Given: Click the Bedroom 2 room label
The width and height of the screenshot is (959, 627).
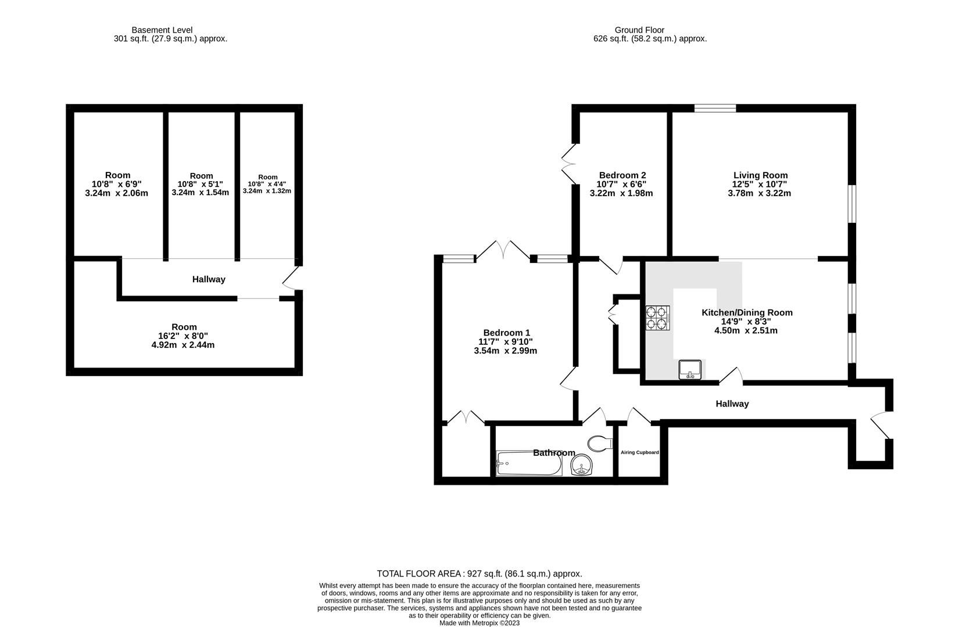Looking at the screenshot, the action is coord(622,175).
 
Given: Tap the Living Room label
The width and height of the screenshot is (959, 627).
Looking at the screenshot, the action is coord(760,175).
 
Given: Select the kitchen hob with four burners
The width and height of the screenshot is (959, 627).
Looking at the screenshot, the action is coord(658,318).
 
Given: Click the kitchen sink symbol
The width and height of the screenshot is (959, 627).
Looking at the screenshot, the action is coord(690,370).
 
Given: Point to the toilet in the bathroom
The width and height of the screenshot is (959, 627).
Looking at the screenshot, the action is coord(600,443).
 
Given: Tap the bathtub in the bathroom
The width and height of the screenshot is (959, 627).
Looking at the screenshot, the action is coord(529,463).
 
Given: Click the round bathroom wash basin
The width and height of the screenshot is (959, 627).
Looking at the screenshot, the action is coord(581,466).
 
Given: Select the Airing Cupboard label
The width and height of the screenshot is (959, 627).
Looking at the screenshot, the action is coord(639,452).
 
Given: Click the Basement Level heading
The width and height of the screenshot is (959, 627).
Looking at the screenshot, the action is coord(162,30).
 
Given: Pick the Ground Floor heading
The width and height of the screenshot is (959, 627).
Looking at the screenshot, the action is coord(639,30).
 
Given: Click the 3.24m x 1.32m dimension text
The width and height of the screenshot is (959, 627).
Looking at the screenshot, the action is coord(267,191).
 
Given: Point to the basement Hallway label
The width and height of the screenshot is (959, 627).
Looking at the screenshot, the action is coord(209,279).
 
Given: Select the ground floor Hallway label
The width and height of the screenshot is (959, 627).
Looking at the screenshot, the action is coord(732,403).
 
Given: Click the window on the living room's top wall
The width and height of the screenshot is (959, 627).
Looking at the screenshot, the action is coord(715,108).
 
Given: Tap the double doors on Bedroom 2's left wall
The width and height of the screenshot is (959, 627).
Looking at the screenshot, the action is coord(568,164).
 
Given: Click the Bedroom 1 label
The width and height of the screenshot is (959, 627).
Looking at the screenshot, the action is coord(506,333).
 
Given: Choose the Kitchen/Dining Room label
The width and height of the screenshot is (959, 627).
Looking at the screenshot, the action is coord(747,313).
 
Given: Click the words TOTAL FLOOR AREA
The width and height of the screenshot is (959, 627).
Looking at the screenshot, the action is coord(418,574).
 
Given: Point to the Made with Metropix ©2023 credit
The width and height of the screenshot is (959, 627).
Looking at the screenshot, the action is coord(479,623).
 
